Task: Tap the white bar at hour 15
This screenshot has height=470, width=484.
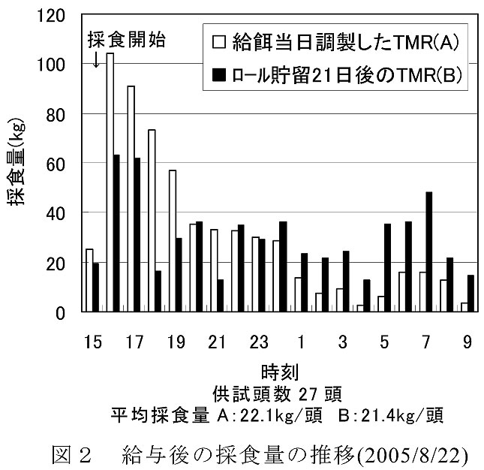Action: (90, 280)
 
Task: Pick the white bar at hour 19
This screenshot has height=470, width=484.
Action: (173, 241)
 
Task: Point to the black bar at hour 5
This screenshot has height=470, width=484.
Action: (387, 268)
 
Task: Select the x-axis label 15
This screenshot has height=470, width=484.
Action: (93, 342)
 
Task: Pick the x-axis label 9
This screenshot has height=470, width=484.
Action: (467, 342)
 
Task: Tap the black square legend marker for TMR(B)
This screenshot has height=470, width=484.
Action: (221, 74)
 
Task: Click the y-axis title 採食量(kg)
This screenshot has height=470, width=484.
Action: (26, 164)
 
